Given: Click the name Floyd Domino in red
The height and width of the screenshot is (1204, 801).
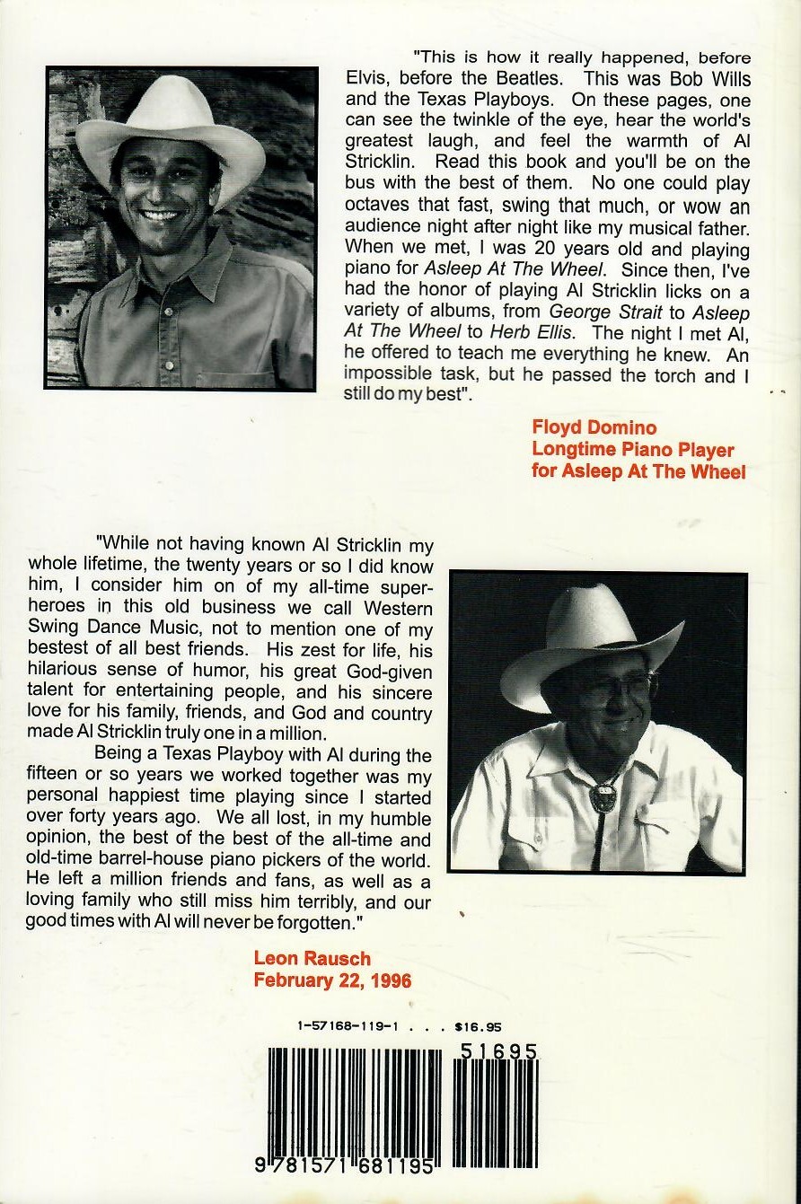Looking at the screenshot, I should [594, 428].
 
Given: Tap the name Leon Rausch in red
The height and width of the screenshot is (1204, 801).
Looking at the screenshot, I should [312, 959].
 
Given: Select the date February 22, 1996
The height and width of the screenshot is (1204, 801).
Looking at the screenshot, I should [332, 980].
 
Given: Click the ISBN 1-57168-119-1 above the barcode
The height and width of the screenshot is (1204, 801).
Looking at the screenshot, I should [346, 1025].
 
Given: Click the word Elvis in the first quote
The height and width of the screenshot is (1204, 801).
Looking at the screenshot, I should [367, 79].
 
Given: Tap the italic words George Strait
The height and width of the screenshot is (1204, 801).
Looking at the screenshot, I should [599, 312].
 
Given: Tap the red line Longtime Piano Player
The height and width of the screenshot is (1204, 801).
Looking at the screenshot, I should [632, 450].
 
